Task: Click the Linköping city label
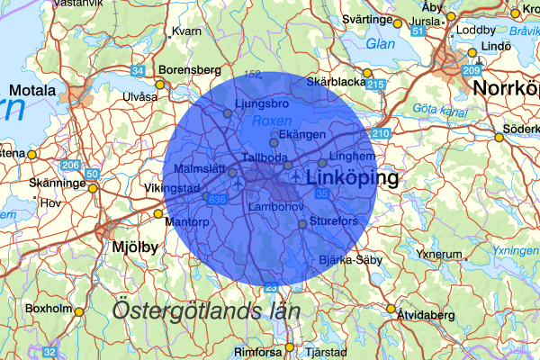(352, 180)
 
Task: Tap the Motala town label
(32, 90)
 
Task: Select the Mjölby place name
(134, 245)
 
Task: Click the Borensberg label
(189, 69)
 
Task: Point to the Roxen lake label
(269, 120)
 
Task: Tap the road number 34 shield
(138, 70)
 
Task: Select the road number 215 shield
(375, 85)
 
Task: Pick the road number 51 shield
(417, 31)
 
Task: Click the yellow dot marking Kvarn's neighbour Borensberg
(160, 85)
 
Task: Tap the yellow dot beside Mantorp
(158, 214)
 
